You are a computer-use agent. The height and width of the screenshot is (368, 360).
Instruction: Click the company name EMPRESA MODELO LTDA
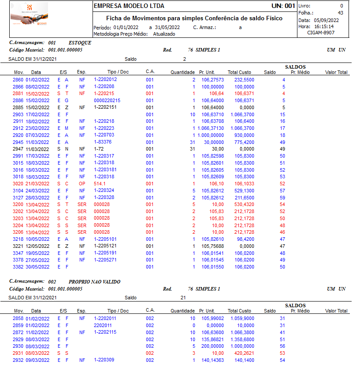coord(129,6)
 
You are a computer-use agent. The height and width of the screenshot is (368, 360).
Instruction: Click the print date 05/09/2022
coord(326,20)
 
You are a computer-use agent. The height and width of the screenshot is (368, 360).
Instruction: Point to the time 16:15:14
coord(323,26)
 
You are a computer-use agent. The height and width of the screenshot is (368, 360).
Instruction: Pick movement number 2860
coord(18,80)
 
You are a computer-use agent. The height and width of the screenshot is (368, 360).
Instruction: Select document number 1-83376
coord(103,142)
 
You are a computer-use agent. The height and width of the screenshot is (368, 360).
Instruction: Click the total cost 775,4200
coord(244,142)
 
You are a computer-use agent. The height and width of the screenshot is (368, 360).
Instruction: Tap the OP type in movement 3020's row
coord(82,183)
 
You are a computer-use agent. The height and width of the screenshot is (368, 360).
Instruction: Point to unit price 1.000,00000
coord(211,135)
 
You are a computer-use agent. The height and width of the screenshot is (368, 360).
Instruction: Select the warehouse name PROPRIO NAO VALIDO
coord(94,282)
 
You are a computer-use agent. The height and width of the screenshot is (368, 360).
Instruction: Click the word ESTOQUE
coord(80,43)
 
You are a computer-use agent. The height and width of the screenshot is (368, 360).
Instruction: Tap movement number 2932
coord(18,360)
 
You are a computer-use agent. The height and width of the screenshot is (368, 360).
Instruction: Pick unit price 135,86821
coord(212,339)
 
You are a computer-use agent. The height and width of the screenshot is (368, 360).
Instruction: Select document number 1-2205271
coord(105,260)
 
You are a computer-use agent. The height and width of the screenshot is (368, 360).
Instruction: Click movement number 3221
coord(18,246)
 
